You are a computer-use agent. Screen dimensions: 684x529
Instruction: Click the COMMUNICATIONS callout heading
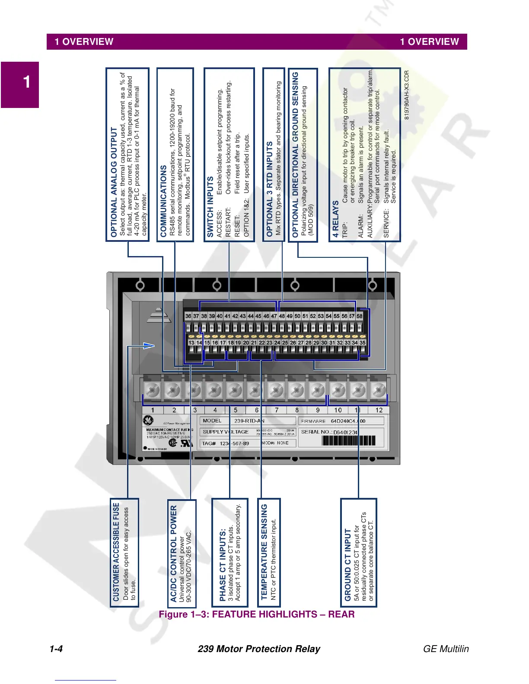[x=163, y=201]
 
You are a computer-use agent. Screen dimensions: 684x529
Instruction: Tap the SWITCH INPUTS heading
[x=210, y=206]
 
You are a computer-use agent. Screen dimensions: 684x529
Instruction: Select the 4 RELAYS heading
[x=336, y=219]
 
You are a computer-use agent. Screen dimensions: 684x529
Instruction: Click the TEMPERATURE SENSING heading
[x=264, y=552]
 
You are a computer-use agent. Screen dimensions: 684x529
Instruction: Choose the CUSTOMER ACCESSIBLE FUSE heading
[x=116, y=551]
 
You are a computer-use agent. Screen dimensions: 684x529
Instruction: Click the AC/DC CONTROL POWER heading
[x=173, y=554]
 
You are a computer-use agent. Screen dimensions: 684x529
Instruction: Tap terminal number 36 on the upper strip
[x=188, y=316]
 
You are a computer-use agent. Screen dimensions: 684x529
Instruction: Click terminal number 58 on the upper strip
[x=359, y=316]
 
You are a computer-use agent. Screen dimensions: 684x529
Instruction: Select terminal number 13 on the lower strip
[x=191, y=343]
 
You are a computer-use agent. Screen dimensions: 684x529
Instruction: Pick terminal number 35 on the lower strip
[x=363, y=343]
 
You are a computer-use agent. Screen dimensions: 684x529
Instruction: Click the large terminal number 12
[x=379, y=410]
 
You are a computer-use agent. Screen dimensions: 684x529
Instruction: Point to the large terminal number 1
[x=152, y=410]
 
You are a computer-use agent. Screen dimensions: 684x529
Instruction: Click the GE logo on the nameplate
[x=148, y=420]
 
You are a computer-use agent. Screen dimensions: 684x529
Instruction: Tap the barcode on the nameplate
[x=348, y=441]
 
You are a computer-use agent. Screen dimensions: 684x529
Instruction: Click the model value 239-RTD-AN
[x=249, y=421]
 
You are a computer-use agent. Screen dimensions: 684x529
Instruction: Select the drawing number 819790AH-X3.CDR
[x=406, y=95]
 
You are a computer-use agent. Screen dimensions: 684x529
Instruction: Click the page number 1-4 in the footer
[x=56, y=649]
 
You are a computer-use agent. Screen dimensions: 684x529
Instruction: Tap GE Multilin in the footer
[x=446, y=649]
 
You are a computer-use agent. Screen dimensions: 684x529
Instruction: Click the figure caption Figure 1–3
[x=257, y=614]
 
